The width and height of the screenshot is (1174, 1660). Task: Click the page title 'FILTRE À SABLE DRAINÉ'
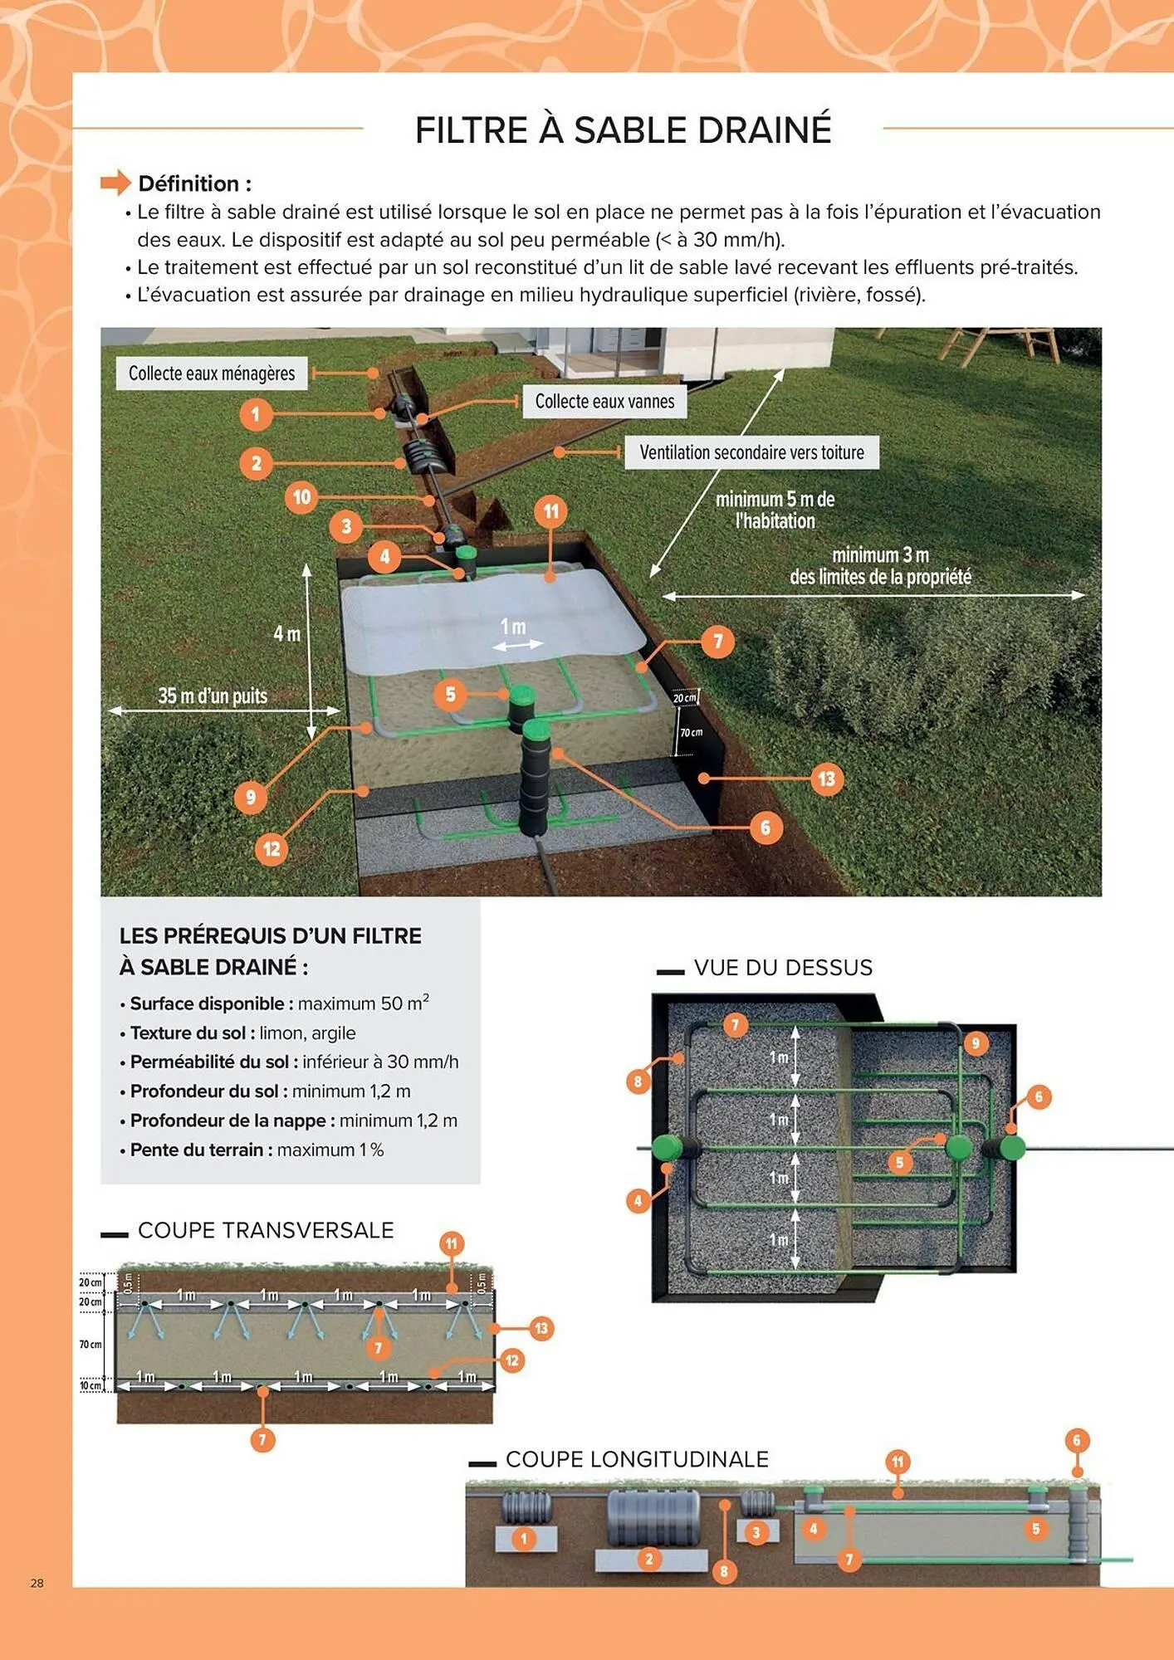pos(623,130)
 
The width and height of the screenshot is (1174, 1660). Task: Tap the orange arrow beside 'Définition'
pos(115,183)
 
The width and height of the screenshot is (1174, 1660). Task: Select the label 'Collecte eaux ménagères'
pos(212,373)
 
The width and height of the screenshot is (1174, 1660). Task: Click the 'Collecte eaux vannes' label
pos(604,402)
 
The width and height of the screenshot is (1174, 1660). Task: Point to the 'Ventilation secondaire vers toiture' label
pos(751,452)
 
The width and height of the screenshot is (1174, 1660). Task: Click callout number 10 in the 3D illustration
pos(301,497)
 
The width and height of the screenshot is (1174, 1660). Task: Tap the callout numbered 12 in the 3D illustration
pos(271,849)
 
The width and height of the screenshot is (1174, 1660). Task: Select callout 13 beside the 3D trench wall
pos(826,779)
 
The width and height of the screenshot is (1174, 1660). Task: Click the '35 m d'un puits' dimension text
pos(213,696)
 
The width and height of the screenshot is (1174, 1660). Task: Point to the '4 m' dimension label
pos(286,634)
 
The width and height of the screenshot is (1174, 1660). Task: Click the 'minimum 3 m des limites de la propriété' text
pos(880,566)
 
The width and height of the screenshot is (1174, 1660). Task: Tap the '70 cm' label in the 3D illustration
pos(691,732)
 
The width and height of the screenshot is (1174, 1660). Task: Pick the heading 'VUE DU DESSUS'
pos(783,968)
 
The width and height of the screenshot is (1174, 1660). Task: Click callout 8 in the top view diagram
pos(638,1081)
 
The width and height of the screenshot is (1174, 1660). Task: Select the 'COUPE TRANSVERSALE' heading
pos(266,1230)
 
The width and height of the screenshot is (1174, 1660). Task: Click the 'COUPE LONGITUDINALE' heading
pos(637,1459)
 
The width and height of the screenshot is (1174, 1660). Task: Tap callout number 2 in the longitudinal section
pos(649,1559)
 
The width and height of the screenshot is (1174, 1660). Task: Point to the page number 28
pos(37,1583)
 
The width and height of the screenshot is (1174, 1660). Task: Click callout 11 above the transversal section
pos(451,1243)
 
